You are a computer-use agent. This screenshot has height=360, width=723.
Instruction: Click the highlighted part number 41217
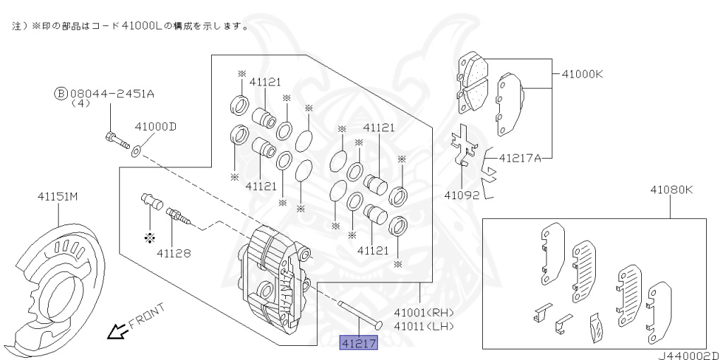click(359, 343)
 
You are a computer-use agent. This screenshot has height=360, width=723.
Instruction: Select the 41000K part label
click(582, 73)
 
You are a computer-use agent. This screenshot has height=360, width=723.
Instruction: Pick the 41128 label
click(174, 251)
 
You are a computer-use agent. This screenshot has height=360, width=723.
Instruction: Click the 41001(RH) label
click(424, 313)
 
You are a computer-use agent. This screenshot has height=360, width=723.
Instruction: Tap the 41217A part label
click(520, 157)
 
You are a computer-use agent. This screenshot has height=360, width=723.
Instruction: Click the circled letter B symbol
click(61, 92)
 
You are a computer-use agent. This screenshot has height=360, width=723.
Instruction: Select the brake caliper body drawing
click(275, 279)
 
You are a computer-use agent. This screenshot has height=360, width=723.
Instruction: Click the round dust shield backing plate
click(60, 282)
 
